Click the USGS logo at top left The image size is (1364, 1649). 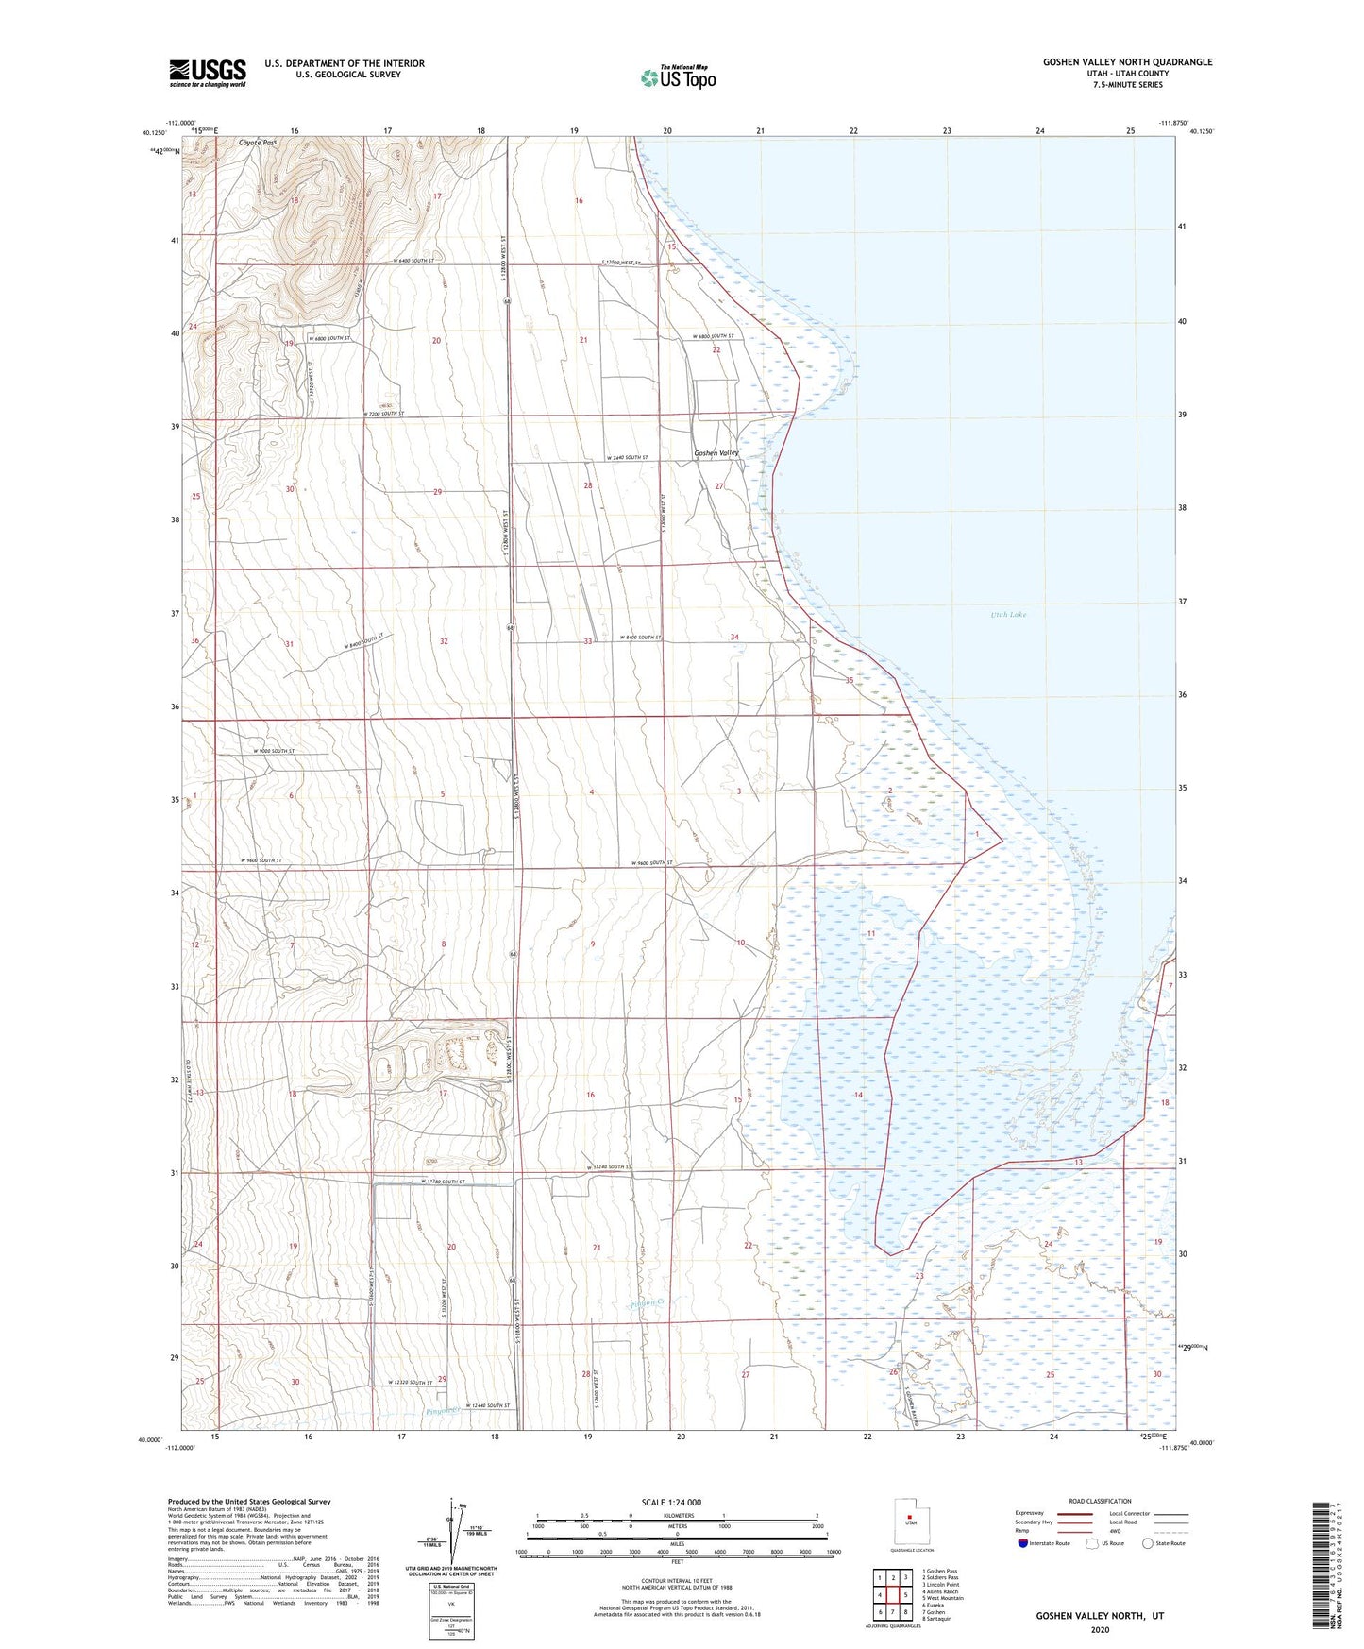tap(207, 72)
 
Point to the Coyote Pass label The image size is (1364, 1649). tap(257, 143)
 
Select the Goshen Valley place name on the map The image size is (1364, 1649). tap(716, 453)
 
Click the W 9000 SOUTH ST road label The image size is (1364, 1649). tap(274, 751)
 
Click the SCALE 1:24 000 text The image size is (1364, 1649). tap(671, 1502)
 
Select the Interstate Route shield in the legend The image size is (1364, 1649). tap(1024, 1543)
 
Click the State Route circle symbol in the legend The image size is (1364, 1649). tap(1149, 1543)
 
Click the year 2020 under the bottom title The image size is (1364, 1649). tap(1100, 1629)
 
